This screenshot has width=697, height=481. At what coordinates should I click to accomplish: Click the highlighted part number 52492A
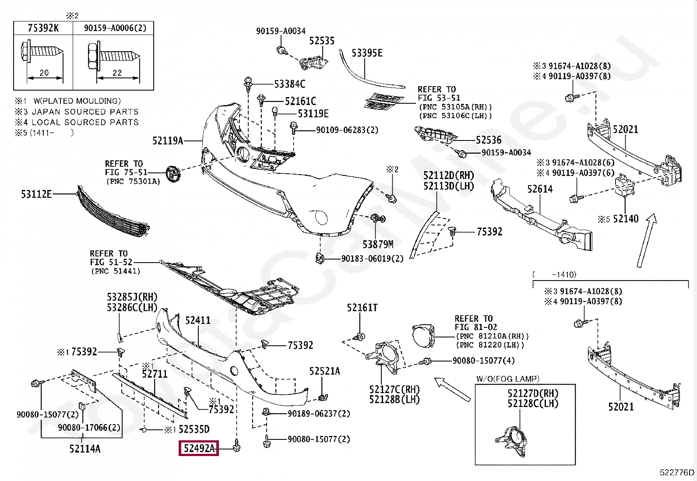(199, 448)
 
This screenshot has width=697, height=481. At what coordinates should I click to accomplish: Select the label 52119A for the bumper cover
(167, 140)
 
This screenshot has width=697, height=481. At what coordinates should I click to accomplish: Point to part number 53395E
(367, 53)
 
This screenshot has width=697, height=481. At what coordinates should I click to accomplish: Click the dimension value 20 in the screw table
(44, 73)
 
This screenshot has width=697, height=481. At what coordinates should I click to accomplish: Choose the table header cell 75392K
(43, 28)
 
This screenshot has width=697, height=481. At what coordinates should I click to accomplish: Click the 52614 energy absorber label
(540, 189)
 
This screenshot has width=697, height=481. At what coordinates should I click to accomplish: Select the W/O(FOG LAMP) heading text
(508, 379)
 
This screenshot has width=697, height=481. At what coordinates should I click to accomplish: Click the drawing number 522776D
(677, 472)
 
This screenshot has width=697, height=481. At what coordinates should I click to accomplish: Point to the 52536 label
(489, 140)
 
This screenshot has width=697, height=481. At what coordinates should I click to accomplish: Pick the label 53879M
(378, 244)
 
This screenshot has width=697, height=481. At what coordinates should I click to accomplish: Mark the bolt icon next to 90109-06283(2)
(294, 129)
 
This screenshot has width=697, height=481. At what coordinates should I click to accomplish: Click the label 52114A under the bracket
(84, 448)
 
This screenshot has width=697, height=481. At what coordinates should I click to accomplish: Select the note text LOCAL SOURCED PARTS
(85, 122)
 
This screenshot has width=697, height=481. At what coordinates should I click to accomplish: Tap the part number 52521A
(324, 371)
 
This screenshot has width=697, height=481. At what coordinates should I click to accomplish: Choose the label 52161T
(362, 308)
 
